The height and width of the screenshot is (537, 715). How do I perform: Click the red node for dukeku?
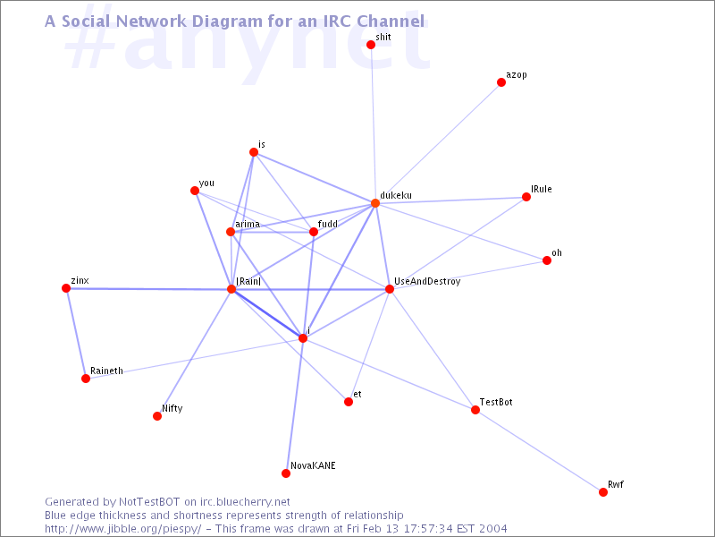[x=374, y=203]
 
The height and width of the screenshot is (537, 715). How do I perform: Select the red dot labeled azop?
[x=501, y=82]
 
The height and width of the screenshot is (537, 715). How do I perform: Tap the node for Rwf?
[x=602, y=491]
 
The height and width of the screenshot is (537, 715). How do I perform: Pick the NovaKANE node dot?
[x=286, y=473]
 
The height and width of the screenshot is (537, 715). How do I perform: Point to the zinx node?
[x=66, y=288]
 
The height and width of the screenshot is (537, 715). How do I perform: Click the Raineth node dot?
[x=86, y=378]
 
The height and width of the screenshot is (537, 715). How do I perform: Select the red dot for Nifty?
[x=157, y=416]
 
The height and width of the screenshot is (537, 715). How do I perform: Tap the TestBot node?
[x=475, y=410]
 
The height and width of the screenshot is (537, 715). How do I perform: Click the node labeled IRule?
[x=526, y=197]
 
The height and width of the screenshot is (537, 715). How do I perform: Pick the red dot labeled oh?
[x=547, y=260]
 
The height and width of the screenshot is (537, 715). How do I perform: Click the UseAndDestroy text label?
[x=427, y=281]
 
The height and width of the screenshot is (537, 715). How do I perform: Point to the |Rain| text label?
[x=248, y=281]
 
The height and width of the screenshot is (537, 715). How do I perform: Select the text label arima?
[x=248, y=224]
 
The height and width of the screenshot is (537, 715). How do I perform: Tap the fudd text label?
[x=328, y=223]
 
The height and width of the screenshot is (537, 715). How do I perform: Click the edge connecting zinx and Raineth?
[x=76, y=333]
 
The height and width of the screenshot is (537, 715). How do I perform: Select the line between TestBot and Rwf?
[x=539, y=451]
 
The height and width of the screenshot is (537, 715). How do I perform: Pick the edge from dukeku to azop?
[x=438, y=142]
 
